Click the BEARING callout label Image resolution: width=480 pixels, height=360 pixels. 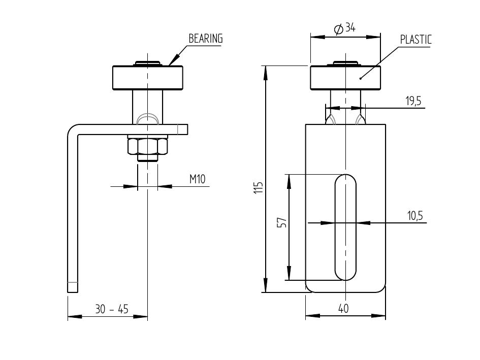[206, 39]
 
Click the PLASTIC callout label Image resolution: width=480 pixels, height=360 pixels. [415, 39]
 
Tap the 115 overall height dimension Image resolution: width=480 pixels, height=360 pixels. [259, 188]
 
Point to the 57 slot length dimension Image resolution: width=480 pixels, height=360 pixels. [282, 223]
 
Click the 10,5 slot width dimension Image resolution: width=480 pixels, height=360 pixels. [414, 216]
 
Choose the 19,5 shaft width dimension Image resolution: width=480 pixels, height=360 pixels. [413, 101]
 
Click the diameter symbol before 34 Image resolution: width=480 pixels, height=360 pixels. [339, 29]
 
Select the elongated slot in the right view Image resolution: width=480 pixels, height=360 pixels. [345, 227]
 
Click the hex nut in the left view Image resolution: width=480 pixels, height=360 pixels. [147, 147]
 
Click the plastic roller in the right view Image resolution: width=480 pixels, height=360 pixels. [345, 78]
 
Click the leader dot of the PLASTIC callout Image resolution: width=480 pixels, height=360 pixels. [361, 78]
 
